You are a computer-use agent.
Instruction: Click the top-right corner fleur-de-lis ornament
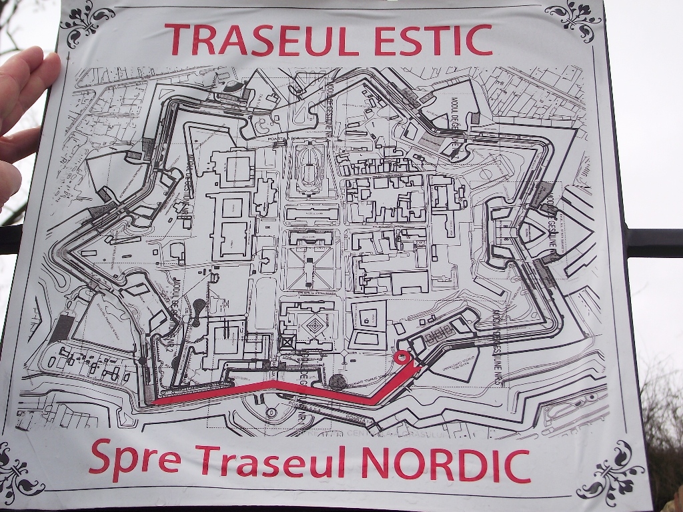[x=574, y=21]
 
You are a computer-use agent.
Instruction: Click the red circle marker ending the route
[x=402, y=357]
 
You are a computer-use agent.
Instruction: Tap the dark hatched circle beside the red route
[x=337, y=382]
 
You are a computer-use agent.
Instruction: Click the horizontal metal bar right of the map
[x=654, y=242]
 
